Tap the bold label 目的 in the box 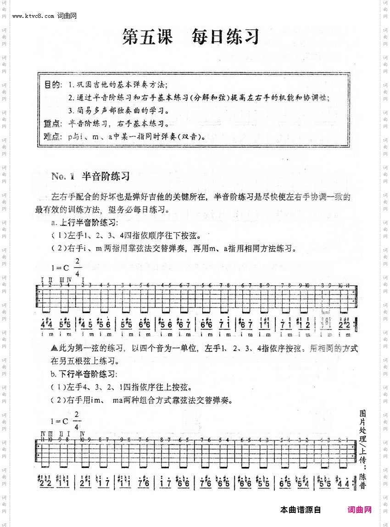click(51, 85)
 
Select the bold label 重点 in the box click(51, 124)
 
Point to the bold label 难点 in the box click(51, 137)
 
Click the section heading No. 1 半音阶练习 click(91, 176)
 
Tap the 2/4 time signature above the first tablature click(77, 267)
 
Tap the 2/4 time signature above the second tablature click(77, 419)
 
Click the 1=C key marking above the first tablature click(59, 268)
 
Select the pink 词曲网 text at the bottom click(359, 510)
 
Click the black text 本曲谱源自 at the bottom click(300, 510)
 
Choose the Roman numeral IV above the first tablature click(69, 279)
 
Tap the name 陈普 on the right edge click(362, 481)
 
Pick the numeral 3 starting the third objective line click(70, 110)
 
